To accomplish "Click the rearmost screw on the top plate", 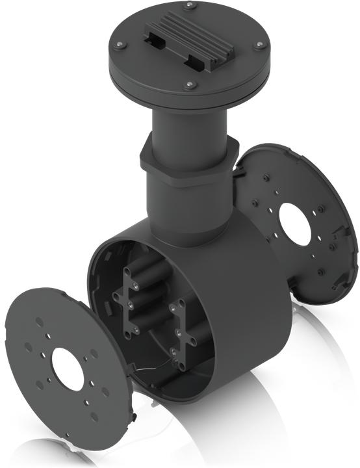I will (189, 6).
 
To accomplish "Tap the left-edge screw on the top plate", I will (118, 45).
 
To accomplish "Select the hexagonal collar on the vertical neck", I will (185, 166).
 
